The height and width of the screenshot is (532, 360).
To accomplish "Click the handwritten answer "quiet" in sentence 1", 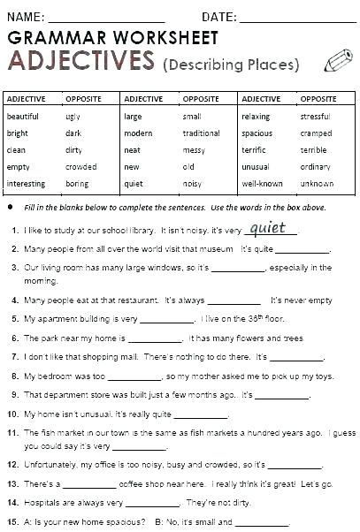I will (x=269, y=228).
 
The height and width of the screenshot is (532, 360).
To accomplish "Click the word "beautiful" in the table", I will (x=23, y=116).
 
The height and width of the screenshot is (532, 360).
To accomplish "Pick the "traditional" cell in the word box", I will (x=201, y=133).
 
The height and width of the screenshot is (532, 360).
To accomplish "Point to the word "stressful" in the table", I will (x=315, y=116).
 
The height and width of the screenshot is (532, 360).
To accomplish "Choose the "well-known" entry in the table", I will (x=262, y=184).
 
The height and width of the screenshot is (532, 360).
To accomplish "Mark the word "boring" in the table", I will (x=77, y=184).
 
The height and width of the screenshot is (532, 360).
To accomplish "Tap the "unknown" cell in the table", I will (x=317, y=184).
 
